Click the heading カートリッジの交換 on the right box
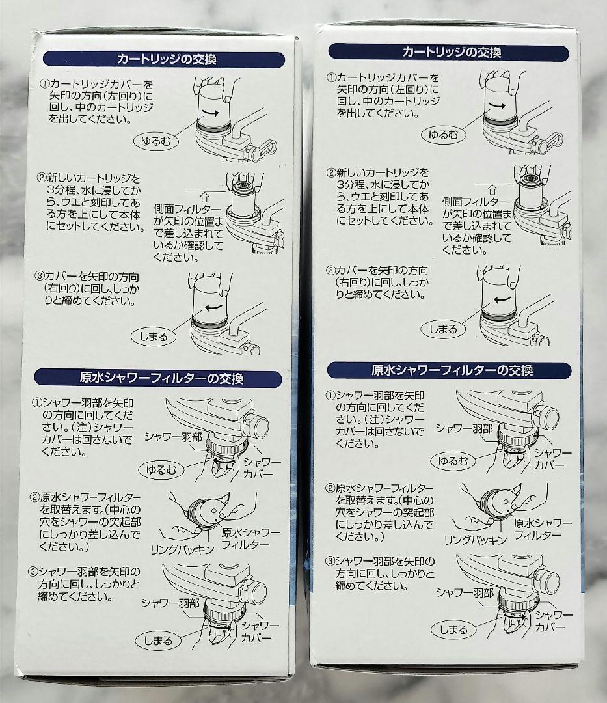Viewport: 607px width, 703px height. (452, 51)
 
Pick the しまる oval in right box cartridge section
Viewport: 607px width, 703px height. (443, 329)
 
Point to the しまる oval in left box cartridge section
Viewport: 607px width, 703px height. (154, 337)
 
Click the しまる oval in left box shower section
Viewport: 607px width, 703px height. (159, 641)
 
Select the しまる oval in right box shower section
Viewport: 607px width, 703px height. (453, 629)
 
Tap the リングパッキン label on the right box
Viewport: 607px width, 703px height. (470, 540)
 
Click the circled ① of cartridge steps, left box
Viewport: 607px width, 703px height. (44, 84)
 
